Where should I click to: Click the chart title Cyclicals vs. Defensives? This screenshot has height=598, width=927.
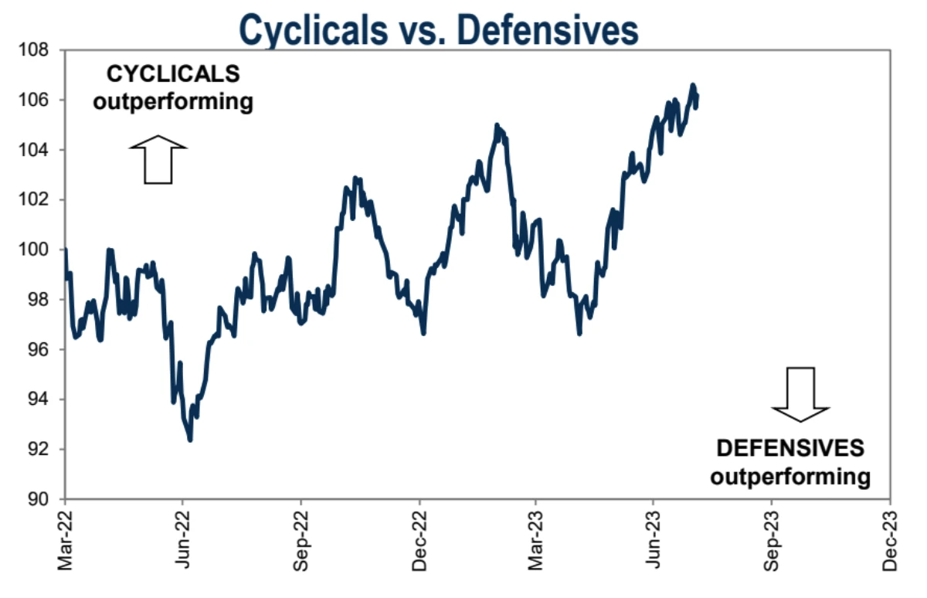pyautogui.click(x=439, y=29)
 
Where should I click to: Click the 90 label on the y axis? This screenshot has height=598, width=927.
pyautogui.click(x=38, y=499)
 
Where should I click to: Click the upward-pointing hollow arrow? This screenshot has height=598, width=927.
pyautogui.click(x=158, y=159)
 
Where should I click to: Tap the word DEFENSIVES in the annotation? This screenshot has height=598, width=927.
pyautogui.click(x=790, y=449)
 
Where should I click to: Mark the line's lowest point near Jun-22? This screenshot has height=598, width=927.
pyautogui.click(x=190, y=440)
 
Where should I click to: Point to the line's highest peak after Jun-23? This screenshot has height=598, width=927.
pyautogui.click(x=693, y=85)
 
